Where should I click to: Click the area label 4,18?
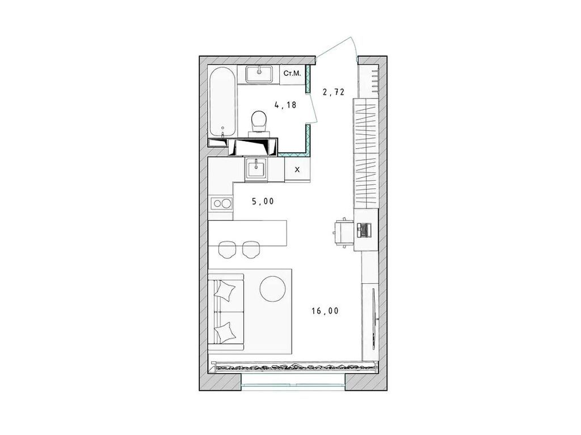(x=285, y=104)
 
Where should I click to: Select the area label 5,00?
(x=263, y=201)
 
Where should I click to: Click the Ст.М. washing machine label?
(x=292, y=73)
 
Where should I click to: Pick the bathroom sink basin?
(x=260, y=72)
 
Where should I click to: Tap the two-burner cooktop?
(x=221, y=203)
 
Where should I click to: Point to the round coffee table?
(x=273, y=288)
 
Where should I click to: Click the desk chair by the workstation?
(x=341, y=231)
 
